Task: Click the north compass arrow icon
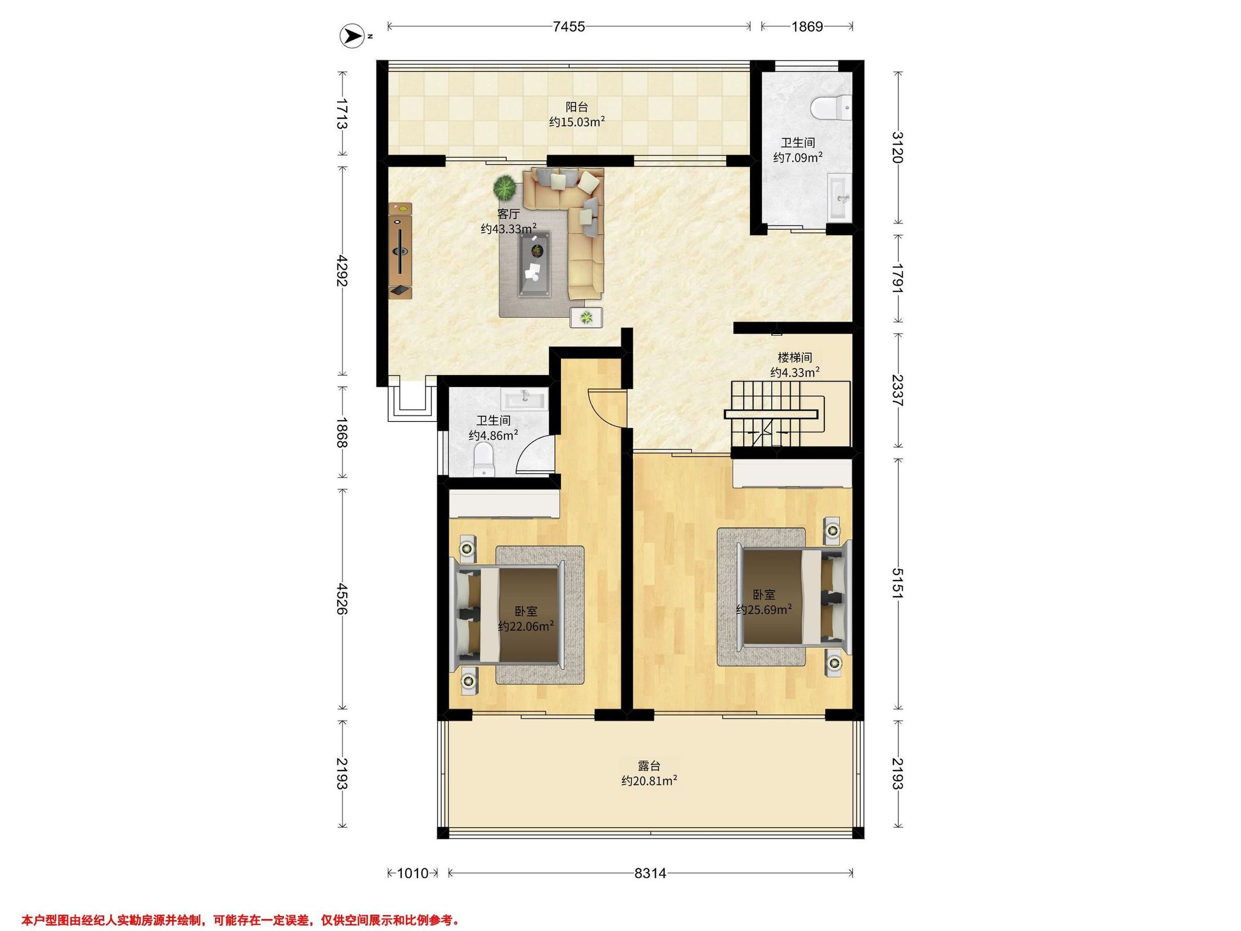(x=352, y=36)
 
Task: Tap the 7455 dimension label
(x=569, y=26)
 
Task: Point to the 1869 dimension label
(x=807, y=26)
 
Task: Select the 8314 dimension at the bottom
(x=650, y=873)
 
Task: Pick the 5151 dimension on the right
(x=898, y=583)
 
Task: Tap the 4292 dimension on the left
(x=342, y=271)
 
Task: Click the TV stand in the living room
(x=401, y=250)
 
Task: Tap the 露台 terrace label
(x=649, y=765)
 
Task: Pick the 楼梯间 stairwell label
(x=795, y=357)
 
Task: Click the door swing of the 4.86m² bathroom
(x=536, y=455)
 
